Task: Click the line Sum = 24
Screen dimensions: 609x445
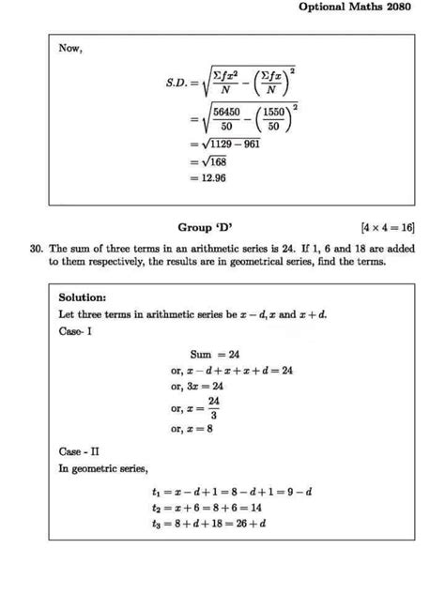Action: [x=215, y=355]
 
